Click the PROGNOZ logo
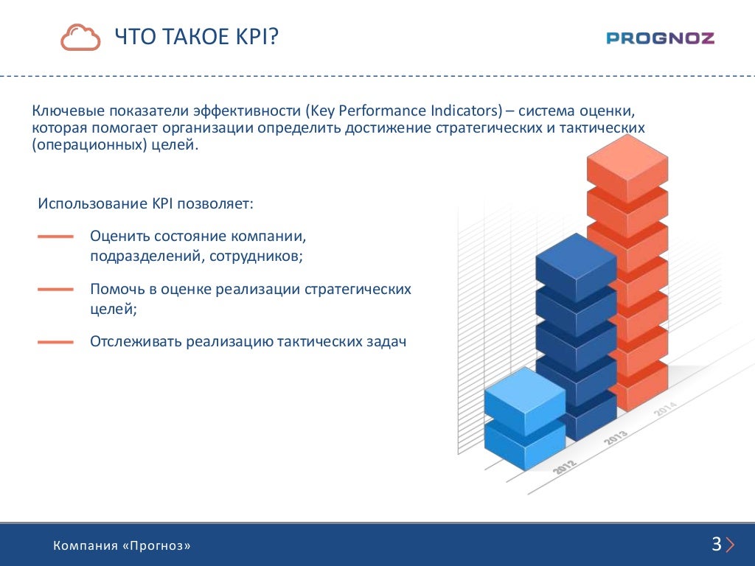pyautogui.click(x=660, y=38)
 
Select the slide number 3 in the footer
pyautogui.click(x=717, y=544)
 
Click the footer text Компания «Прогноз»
pyautogui.click(x=122, y=545)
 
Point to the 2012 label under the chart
pyautogui.click(x=564, y=467)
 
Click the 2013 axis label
pyautogui.click(x=616, y=438)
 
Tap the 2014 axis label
pyautogui.click(x=666, y=408)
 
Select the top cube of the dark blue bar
pyautogui.click(x=576, y=267)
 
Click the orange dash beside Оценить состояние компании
pyautogui.click(x=55, y=237)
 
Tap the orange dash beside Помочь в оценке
pyautogui.click(x=55, y=289)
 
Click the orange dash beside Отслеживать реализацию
pyautogui.click(x=55, y=342)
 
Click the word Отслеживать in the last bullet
pyautogui.click(x=136, y=341)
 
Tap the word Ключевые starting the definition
pyautogui.click(x=69, y=111)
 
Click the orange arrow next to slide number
pyautogui.click(x=730, y=545)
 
